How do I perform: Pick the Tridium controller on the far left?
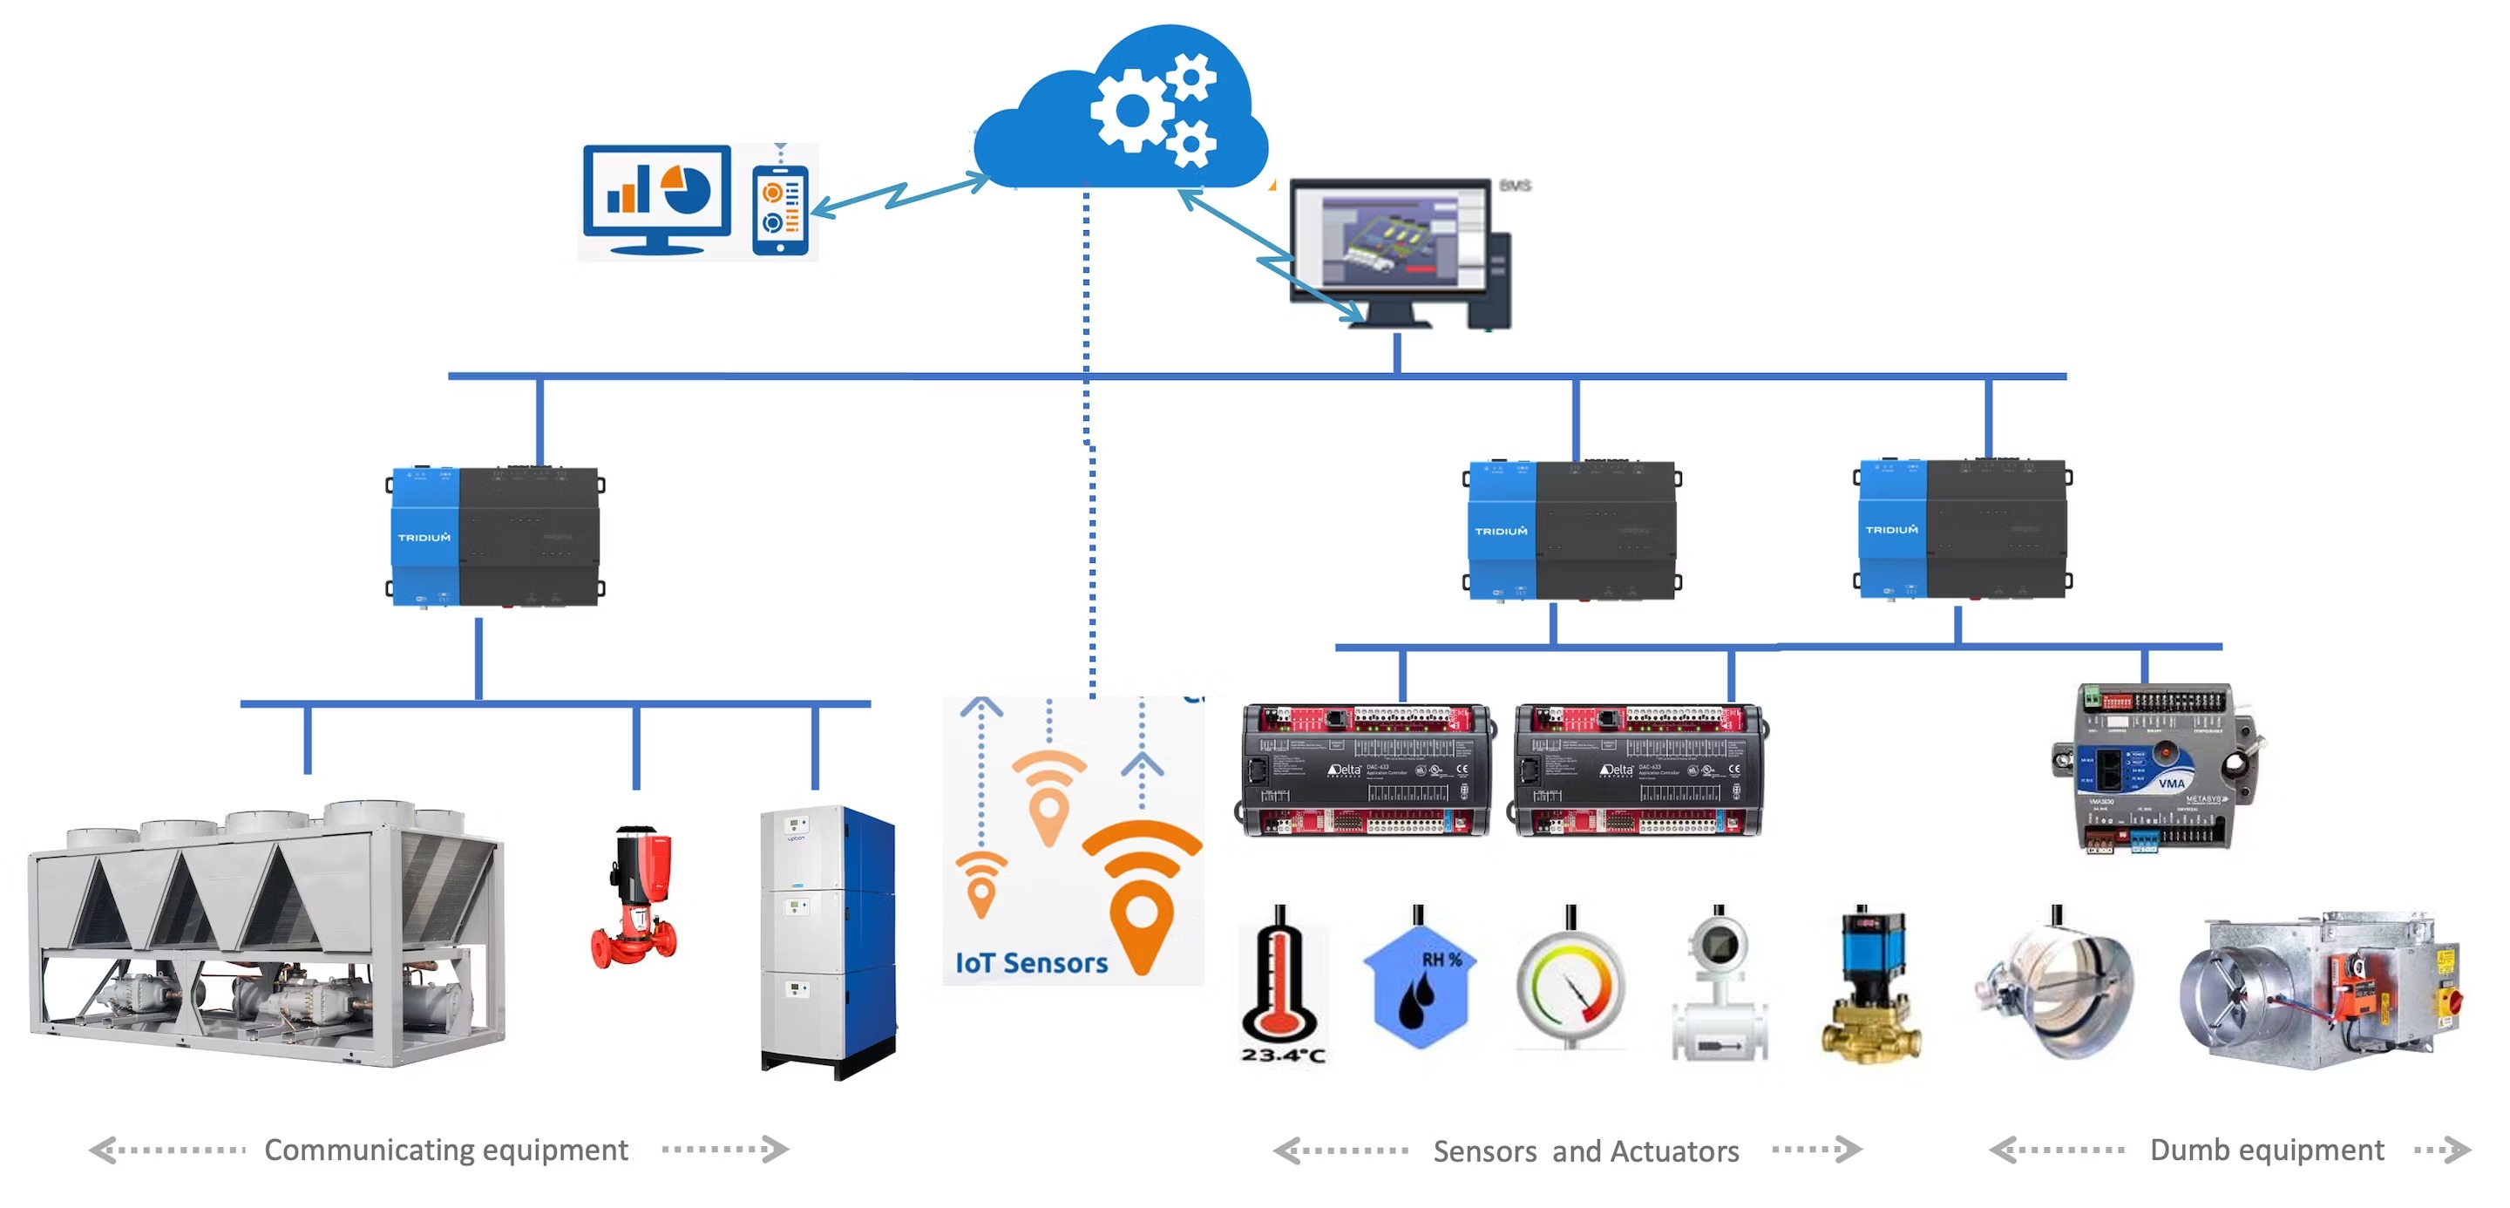point(496,537)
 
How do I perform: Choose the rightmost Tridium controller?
point(1963,528)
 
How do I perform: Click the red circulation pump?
point(634,897)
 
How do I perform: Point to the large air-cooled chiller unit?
point(265,935)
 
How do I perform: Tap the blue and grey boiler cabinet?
point(828,940)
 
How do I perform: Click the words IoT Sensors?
point(1031,963)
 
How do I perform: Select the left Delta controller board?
point(1365,770)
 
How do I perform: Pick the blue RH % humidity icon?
point(1419,984)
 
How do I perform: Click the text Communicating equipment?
point(445,1150)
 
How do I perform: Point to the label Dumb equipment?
point(2266,1150)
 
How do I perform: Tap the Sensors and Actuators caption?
point(1585,1151)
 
